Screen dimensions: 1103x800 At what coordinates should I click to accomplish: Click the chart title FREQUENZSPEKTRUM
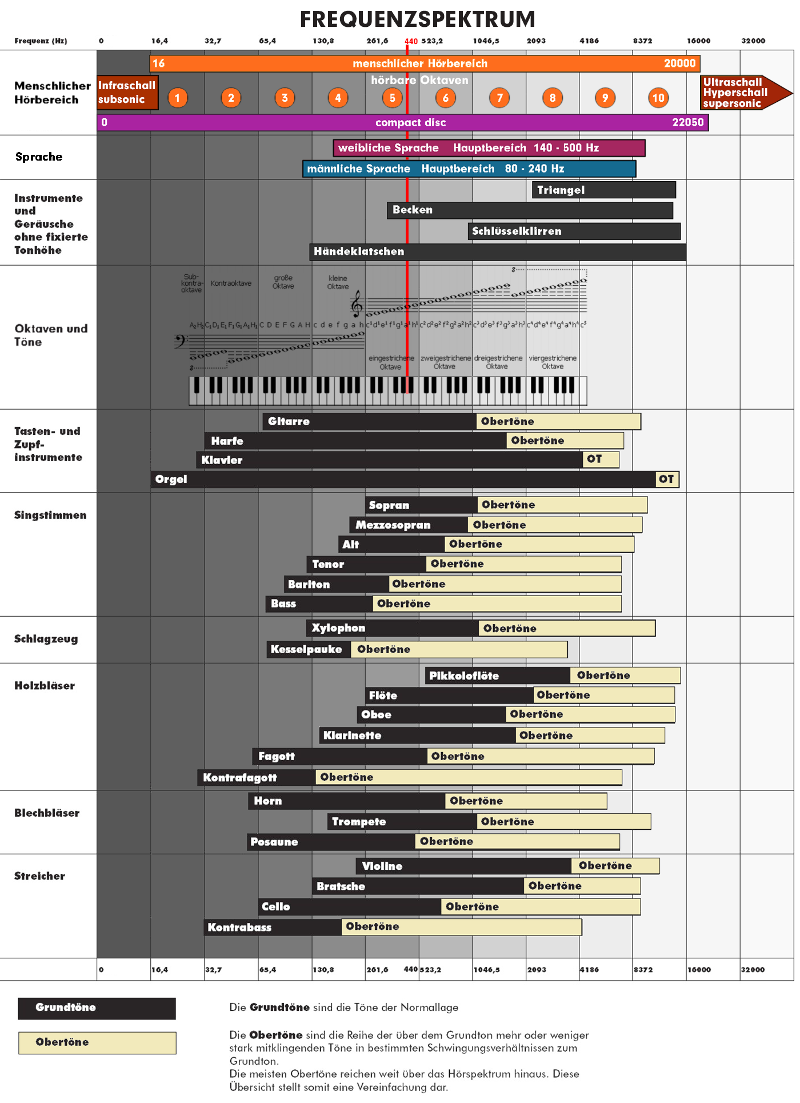(x=418, y=19)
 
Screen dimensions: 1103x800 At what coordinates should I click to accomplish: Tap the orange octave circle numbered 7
(x=499, y=98)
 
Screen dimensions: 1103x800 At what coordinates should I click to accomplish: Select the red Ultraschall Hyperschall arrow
(x=743, y=93)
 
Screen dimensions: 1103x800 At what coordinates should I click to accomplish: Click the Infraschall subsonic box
(x=127, y=92)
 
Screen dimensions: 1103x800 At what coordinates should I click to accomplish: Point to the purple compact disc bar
(x=402, y=122)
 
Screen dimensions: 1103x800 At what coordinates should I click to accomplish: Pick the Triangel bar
(x=603, y=190)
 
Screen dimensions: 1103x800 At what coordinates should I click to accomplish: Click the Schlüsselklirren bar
(x=574, y=231)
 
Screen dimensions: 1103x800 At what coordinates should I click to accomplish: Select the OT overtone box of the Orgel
(x=667, y=479)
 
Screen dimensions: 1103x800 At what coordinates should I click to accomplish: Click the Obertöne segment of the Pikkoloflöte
(x=625, y=676)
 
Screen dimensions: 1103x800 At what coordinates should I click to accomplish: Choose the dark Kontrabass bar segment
(x=273, y=927)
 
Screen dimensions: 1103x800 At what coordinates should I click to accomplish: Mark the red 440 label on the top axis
(x=411, y=41)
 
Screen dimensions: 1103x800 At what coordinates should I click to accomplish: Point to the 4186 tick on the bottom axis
(x=589, y=969)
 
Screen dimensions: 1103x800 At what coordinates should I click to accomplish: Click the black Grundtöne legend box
(x=97, y=1008)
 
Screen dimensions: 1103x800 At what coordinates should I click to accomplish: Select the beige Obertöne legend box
(x=97, y=1042)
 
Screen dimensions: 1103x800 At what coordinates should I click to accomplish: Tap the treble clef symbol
(x=357, y=303)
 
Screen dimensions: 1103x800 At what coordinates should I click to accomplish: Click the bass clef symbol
(x=179, y=341)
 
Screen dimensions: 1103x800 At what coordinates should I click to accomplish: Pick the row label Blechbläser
(x=47, y=813)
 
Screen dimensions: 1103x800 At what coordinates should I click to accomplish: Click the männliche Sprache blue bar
(x=469, y=169)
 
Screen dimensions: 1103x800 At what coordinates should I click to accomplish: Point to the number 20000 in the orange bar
(x=679, y=63)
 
